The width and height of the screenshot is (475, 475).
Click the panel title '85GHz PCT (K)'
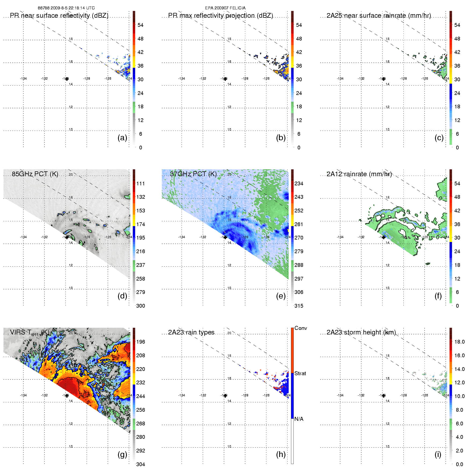[35, 174]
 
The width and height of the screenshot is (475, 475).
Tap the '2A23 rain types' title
[191, 332]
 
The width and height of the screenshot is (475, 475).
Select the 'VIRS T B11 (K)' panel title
[30, 333]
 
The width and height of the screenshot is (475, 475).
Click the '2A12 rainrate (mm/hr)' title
[359, 174]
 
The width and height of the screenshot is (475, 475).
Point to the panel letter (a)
[122, 138]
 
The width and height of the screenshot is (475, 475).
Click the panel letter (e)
[281, 296]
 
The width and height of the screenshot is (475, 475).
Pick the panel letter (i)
[438, 454]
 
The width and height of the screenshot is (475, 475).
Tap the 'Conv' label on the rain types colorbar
[301, 328]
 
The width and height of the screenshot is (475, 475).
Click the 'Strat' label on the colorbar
[300, 373]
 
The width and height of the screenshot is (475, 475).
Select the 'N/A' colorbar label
[299, 419]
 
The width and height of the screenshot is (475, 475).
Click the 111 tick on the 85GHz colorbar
[141, 183]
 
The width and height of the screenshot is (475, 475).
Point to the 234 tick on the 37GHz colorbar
[299, 183]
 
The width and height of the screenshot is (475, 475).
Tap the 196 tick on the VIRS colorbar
[141, 342]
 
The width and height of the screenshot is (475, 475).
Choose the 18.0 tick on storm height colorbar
[459, 342]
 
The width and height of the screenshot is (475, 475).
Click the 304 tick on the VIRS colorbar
[141, 464]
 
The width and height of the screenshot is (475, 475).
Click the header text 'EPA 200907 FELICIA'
[225, 8]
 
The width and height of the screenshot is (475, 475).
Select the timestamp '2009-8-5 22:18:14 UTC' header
[72, 8]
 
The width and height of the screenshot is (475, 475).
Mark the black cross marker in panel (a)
[67, 79]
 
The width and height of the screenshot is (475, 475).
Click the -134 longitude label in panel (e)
[182, 237]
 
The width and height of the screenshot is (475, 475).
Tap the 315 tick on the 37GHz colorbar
[299, 306]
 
